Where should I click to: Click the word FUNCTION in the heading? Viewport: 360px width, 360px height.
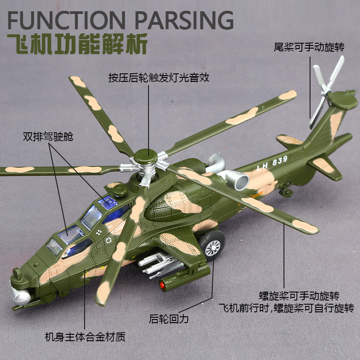point(63,20)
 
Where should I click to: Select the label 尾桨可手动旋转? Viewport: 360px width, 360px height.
point(309,47)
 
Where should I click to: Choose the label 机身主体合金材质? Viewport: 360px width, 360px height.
point(85,336)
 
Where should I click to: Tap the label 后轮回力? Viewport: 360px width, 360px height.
point(169,319)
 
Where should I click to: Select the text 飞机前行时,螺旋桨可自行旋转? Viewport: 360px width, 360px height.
point(286,309)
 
